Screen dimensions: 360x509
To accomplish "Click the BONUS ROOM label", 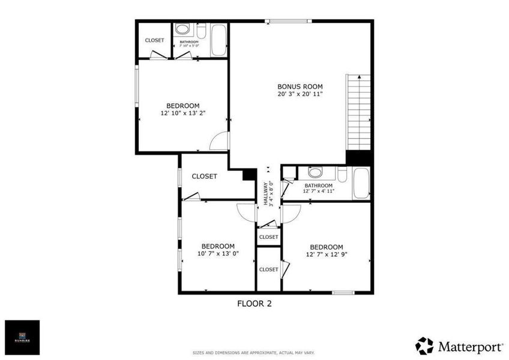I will click(300, 86).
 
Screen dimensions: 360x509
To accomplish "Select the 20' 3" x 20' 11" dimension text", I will click(300, 94).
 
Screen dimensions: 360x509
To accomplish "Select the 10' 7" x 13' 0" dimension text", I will click(217, 253).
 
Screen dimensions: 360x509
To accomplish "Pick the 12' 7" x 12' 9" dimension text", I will click(326, 254).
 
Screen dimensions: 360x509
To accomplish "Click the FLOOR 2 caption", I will click(254, 304).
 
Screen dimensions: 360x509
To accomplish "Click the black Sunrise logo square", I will click(22, 338).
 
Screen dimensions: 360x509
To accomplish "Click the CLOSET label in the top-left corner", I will click(154, 40).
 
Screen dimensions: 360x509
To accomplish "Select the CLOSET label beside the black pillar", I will click(204, 176).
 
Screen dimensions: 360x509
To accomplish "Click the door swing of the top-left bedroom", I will click(220, 140).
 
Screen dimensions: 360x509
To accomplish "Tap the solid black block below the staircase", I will click(359, 157).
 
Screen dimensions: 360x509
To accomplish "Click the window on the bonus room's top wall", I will click(289, 22).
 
